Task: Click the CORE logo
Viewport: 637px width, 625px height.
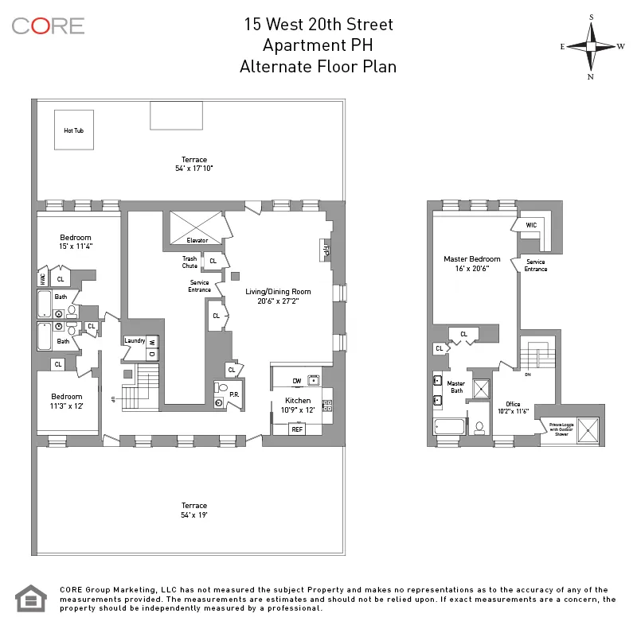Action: pyautogui.click(x=48, y=25)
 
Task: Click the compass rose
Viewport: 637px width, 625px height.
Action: pyautogui.click(x=591, y=46)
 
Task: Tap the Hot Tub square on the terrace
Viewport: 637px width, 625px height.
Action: pyautogui.click(x=73, y=130)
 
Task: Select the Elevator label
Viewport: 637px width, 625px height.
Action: pyautogui.click(x=197, y=240)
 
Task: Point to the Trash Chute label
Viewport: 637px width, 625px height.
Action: pyautogui.click(x=190, y=262)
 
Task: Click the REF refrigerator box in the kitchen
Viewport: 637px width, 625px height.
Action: pyautogui.click(x=297, y=429)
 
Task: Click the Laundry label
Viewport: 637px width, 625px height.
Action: pyautogui.click(x=135, y=340)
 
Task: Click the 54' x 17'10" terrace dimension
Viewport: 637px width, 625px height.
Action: pyautogui.click(x=194, y=169)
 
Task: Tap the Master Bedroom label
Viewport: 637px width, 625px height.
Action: pyautogui.click(x=472, y=259)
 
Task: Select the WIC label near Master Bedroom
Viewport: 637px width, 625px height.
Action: pyautogui.click(x=531, y=226)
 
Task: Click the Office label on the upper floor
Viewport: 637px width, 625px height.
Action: pyautogui.click(x=513, y=404)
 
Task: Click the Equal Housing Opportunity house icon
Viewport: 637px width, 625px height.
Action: pyautogui.click(x=32, y=598)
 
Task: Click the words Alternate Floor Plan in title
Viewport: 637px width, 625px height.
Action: pyautogui.click(x=318, y=67)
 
